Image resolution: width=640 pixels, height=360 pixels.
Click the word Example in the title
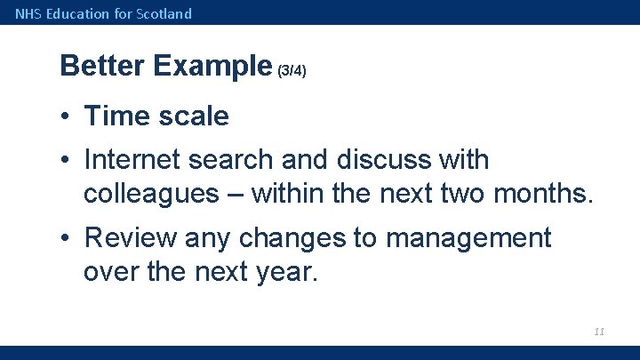tap(212, 66)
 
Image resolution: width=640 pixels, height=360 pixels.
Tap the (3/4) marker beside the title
tap(292, 70)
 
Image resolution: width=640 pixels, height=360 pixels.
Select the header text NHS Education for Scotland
tap(103, 13)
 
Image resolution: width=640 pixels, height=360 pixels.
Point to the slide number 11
tap(598, 331)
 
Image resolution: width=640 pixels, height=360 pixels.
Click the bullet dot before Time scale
tap(67, 116)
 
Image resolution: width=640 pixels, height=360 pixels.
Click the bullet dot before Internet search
tap(67, 161)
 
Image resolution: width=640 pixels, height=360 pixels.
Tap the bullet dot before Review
tap(67, 238)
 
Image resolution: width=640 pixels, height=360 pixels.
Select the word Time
tap(116, 116)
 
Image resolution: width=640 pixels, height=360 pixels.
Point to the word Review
tap(131, 237)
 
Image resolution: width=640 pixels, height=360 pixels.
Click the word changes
tap(300, 237)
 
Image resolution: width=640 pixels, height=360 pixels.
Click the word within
tap(289, 193)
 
